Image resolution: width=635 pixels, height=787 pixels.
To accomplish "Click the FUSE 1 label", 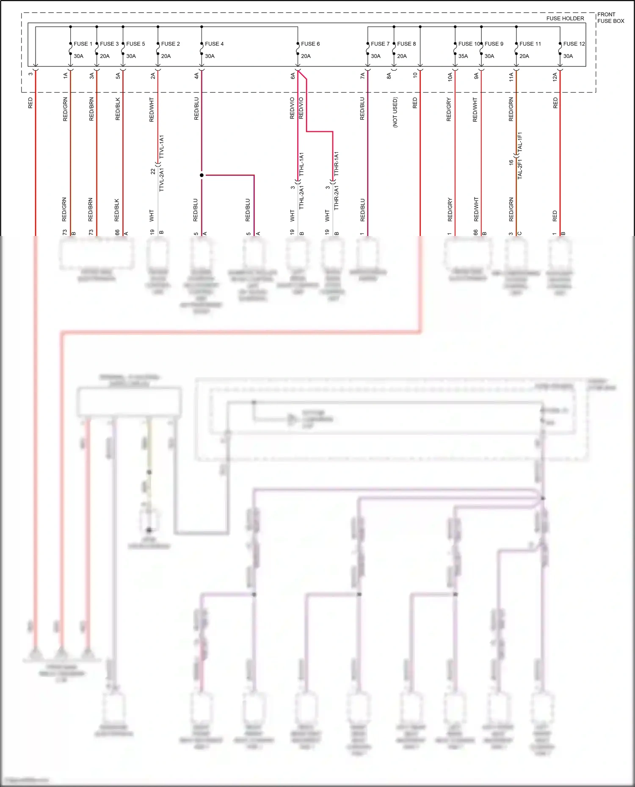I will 83,44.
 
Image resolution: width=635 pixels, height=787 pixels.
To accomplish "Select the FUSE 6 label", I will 310,44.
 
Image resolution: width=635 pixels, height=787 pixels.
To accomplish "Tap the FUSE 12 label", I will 574,44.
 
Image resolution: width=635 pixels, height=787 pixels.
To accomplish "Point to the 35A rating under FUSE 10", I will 463,56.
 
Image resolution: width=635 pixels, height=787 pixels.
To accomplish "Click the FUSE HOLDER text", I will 565,18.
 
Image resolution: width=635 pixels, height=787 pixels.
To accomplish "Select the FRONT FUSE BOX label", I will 610,18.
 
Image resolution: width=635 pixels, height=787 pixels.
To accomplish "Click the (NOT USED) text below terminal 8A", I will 395,112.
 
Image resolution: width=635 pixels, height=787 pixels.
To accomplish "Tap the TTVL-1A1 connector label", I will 161,147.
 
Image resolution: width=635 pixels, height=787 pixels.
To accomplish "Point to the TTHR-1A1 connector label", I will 336,164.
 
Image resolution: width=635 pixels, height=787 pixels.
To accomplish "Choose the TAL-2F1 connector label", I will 520,169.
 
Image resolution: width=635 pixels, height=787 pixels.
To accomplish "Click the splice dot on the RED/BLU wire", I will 202,175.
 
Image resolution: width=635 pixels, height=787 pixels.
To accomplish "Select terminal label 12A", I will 555,76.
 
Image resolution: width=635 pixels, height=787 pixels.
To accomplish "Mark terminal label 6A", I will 293,76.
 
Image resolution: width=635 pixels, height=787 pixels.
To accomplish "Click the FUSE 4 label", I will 214,44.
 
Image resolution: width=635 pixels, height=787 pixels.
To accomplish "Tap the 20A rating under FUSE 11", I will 524,56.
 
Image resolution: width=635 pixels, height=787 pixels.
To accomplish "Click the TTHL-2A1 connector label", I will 301,197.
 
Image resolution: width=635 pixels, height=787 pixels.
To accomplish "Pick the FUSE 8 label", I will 406,44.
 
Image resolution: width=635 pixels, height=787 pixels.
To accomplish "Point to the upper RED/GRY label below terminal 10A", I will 449,110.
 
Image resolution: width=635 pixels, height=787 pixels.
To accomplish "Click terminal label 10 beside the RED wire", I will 415,75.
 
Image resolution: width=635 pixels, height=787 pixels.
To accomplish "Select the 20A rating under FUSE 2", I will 166,56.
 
